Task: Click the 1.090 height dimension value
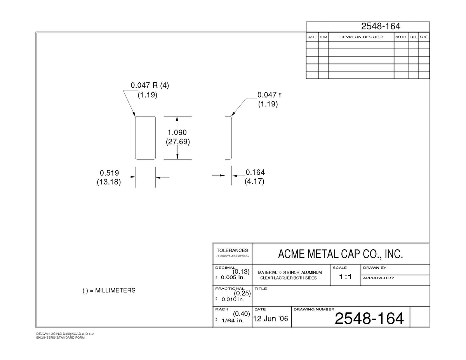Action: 177,132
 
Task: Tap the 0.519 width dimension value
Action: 109,173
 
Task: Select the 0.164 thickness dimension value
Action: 255,172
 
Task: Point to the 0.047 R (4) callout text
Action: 150,85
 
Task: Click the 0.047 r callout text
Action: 270,95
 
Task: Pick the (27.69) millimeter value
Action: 178,142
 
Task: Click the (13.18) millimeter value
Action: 109,182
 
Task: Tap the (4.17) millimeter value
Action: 254,181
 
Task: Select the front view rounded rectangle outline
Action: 135,138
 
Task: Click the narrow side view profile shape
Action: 225,138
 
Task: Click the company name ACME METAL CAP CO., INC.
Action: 341,254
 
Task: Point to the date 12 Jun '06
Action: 270,318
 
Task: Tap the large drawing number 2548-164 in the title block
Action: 369,318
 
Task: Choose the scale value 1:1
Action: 345,277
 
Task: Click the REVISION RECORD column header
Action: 361,37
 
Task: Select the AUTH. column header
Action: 401,37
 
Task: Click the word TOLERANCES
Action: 232,250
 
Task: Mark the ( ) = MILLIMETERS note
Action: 109,290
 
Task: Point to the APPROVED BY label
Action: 379,278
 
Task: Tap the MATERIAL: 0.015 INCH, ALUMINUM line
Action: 290,273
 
